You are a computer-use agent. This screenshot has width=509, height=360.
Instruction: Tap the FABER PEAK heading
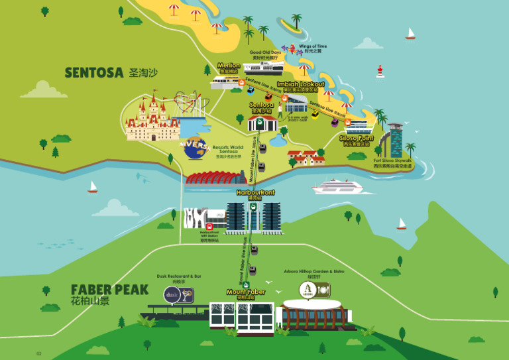[x=109, y=289]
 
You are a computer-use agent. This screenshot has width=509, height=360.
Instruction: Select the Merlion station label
[x=229, y=66]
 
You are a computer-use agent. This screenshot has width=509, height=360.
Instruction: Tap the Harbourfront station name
[x=255, y=192]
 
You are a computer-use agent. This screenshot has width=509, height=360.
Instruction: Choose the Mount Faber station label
[x=246, y=292]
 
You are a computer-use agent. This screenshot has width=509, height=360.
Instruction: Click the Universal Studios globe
[x=195, y=147]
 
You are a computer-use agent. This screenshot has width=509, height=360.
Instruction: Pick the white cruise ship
[x=338, y=186]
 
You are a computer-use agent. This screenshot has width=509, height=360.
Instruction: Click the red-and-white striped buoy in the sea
[x=380, y=71]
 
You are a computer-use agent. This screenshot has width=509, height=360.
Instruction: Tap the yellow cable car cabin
[x=315, y=114]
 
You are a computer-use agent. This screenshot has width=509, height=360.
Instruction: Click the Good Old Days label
[x=265, y=52]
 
